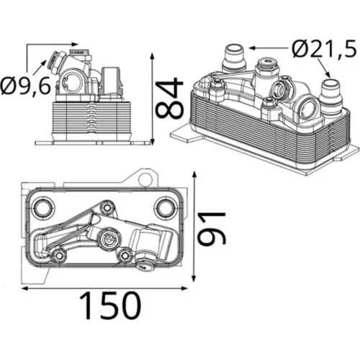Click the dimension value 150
[x=110, y=305]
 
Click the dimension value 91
[x=212, y=229]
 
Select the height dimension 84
[x=170, y=98]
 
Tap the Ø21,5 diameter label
[x=324, y=49]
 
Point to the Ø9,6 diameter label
[x=26, y=86]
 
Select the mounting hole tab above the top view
[x=145, y=179]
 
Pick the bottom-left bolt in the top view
[x=58, y=256]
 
